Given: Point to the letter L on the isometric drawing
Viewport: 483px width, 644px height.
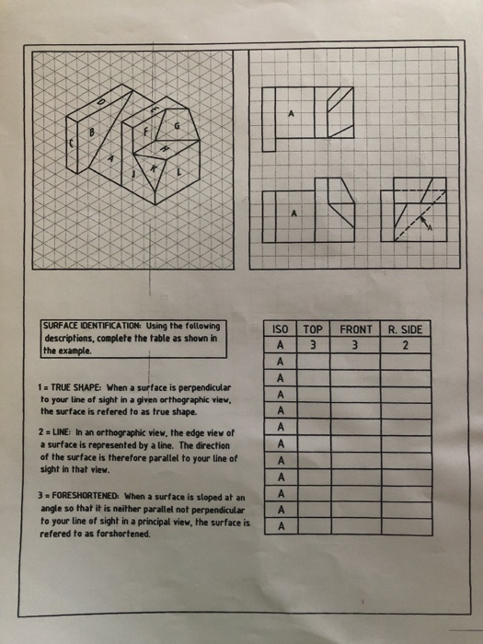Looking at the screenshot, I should click(x=178, y=172).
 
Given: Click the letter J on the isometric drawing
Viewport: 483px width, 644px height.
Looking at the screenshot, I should click(x=135, y=170).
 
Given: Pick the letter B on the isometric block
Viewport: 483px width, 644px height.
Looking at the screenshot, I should click(x=90, y=132).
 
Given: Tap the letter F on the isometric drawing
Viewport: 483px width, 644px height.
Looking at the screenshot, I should click(x=145, y=132).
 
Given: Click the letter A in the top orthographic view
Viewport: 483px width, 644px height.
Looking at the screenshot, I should click(x=292, y=114).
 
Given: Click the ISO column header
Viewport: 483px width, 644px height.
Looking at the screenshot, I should click(x=282, y=329).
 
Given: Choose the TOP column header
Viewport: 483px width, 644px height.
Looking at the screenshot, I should click(x=314, y=329).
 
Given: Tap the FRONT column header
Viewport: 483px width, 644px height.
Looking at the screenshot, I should click(x=356, y=329).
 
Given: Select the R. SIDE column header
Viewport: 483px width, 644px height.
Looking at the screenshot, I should click(x=406, y=329).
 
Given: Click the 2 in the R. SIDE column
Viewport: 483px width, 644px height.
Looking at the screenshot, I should click(x=406, y=346).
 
